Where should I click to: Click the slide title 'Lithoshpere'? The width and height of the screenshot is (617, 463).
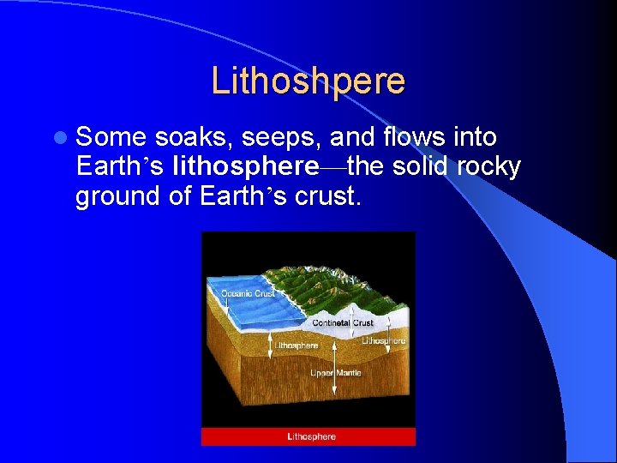(x=308, y=81)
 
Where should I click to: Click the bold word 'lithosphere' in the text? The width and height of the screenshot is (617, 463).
(x=244, y=166)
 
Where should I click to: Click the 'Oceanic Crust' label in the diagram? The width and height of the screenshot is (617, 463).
(x=248, y=294)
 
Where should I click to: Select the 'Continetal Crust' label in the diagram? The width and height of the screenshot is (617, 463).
(x=343, y=323)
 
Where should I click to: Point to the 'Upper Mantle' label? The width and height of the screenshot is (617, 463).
(x=335, y=373)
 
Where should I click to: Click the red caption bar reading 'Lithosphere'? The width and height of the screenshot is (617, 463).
(x=308, y=436)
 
